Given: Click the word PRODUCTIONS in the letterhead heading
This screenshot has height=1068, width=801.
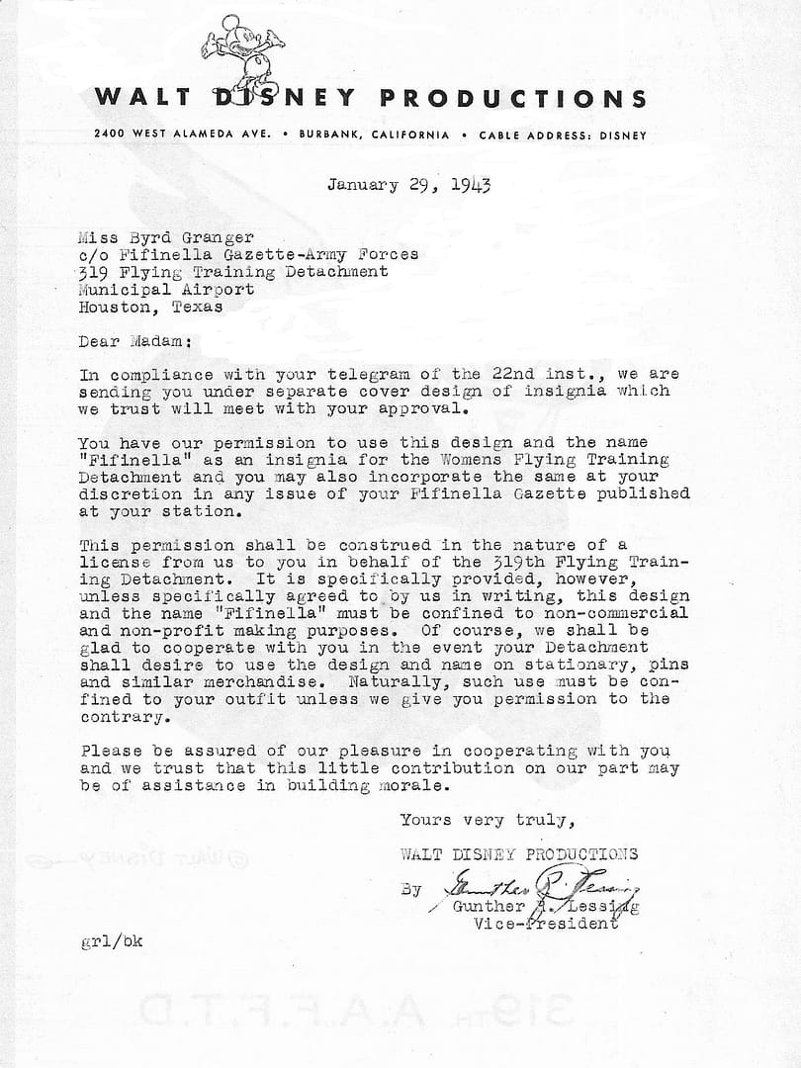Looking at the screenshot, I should (514, 98).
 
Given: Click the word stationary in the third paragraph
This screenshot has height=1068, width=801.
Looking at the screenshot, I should (555, 664).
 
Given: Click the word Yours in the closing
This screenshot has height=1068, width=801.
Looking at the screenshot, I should (424, 820).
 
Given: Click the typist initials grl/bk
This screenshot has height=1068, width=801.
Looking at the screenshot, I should (111, 941).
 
